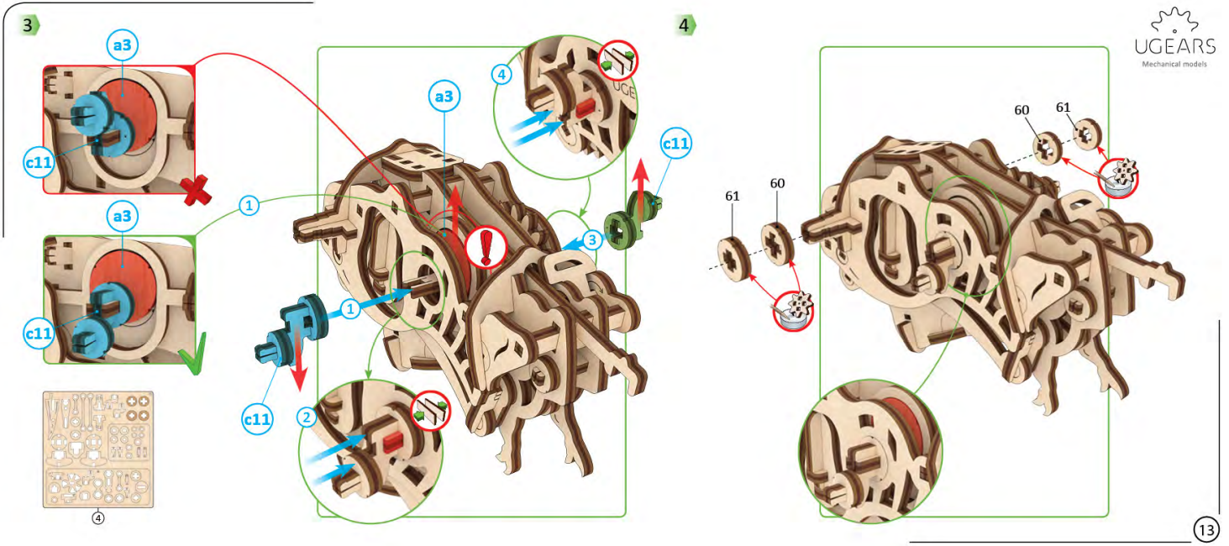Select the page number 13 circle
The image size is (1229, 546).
point(1206,530)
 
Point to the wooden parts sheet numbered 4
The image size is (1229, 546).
point(98,449)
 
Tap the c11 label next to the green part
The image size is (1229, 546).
point(676,144)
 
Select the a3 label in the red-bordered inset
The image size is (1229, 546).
point(123,47)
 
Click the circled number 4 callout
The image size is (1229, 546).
point(502,74)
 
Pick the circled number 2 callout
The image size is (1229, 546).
point(308,416)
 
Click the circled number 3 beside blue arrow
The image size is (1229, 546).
point(593,241)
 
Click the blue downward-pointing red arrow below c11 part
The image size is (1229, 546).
point(297,370)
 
